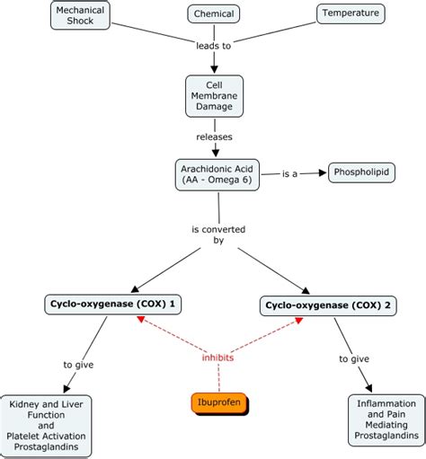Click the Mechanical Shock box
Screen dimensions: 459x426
coord(79,15)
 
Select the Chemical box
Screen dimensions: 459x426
coord(214,13)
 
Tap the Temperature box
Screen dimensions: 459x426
coord(351,13)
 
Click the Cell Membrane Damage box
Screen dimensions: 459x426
coord(214,95)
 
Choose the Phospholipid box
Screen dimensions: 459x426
coord(361,171)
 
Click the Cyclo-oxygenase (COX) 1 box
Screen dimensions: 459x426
coord(112,305)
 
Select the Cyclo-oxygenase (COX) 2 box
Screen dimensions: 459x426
coord(329,306)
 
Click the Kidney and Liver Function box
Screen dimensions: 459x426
coord(58,425)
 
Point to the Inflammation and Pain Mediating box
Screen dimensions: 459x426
coord(386,419)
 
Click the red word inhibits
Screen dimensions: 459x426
coord(217,357)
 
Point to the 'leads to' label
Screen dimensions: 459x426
coord(214,44)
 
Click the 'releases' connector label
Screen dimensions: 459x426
coord(214,137)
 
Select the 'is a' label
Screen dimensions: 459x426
coord(290,172)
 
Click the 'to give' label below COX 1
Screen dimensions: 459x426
coord(78,364)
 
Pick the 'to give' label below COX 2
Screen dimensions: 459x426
coord(354,358)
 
